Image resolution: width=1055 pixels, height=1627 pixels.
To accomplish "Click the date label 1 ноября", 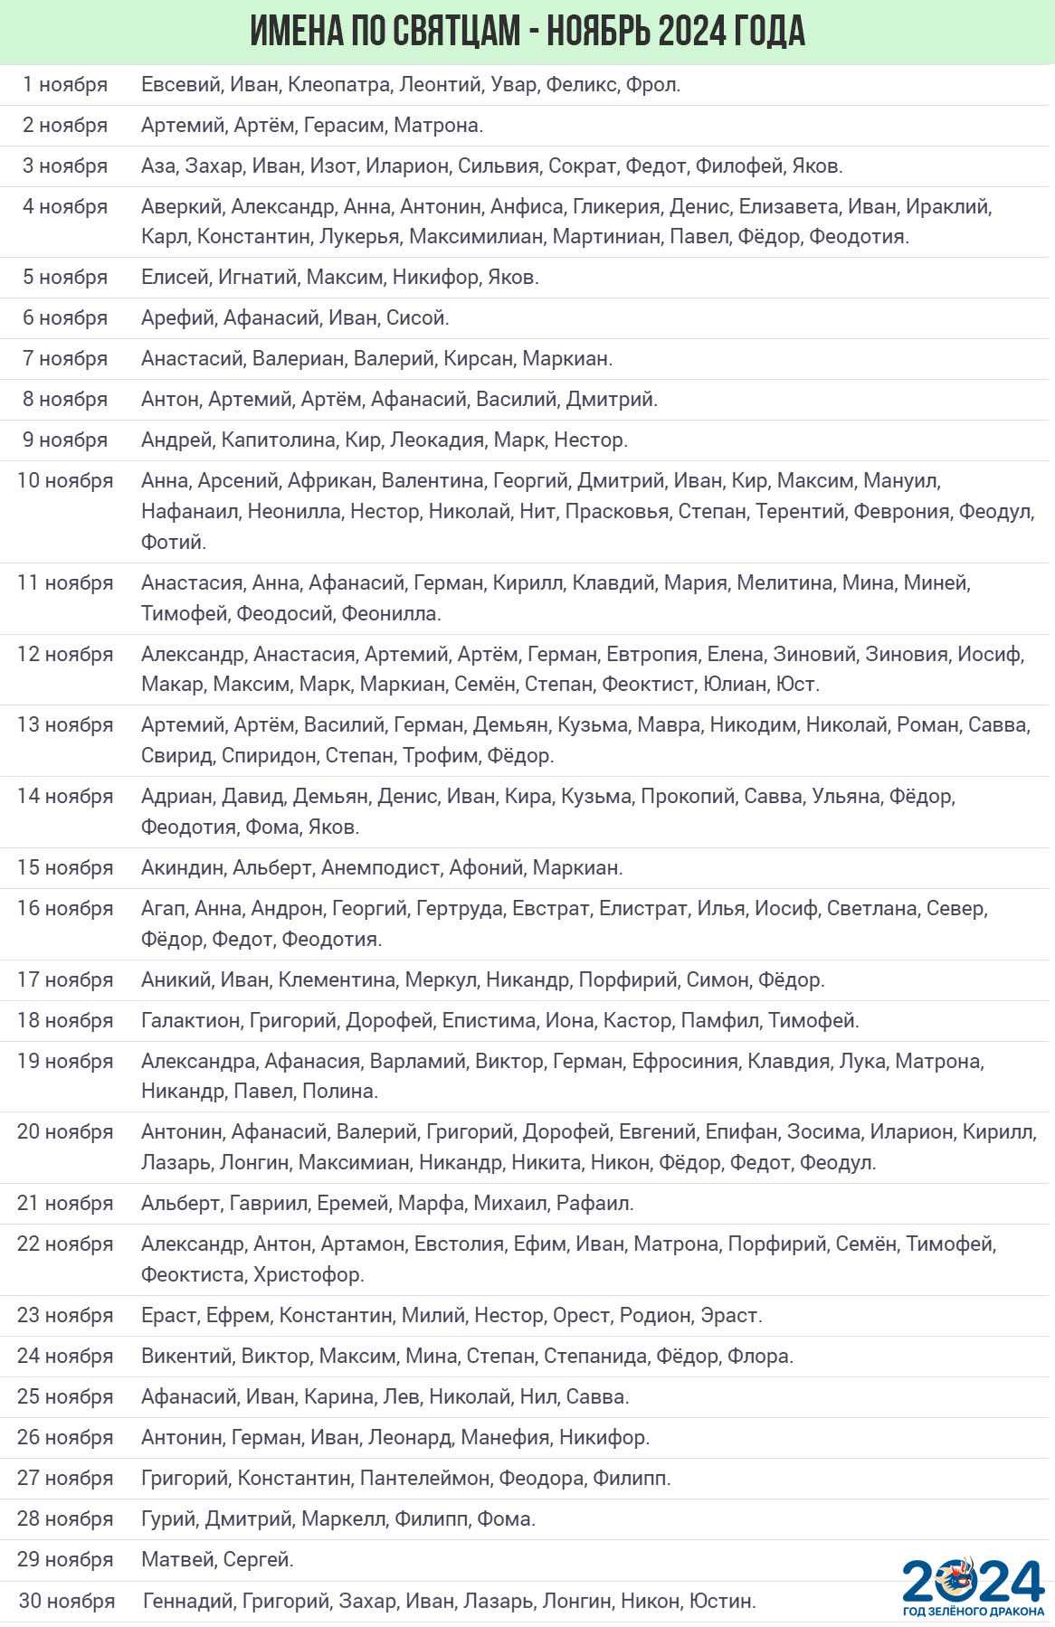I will [x=65, y=85].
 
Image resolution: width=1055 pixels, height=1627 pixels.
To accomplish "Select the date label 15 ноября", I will [x=65, y=868].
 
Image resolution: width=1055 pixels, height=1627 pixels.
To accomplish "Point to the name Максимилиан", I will [x=476, y=237].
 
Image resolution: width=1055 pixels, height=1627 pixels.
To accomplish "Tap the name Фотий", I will [x=173, y=543].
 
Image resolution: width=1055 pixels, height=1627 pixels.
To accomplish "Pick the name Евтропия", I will [x=651, y=655].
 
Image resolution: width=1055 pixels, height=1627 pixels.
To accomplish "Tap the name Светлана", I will [x=871, y=909].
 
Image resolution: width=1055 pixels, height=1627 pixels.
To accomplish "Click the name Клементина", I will [x=337, y=980].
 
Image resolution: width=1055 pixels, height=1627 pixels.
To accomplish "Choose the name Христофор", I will [x=309, y=1275].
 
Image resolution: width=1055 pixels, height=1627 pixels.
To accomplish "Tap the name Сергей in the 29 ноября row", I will [x=258, y=1560].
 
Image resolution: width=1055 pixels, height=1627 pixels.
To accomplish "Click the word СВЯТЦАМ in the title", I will [x=457, y=32].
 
